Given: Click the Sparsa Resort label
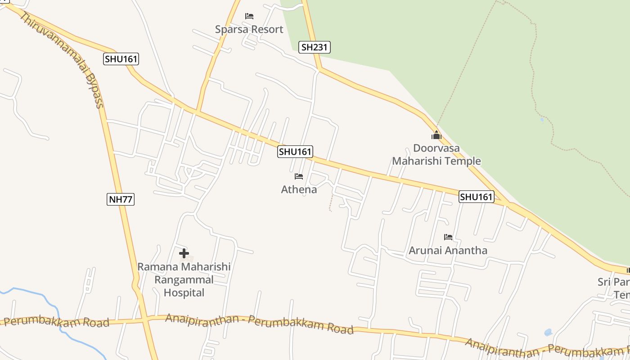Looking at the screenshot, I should pos(249,29).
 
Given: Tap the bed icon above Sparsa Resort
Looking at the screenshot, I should pos(249,16).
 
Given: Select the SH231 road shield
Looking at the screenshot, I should pos(315,47).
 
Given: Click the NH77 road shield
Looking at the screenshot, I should pos(121,199).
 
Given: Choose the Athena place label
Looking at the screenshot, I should pos(299,189).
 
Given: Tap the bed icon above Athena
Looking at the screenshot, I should pos(299,176).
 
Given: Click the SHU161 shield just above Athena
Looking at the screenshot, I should pos(295,152).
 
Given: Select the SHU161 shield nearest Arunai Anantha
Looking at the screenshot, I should pos(477,197).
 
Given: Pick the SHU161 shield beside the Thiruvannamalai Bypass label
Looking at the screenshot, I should pos(121,58).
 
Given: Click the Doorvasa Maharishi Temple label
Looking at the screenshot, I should pos(436,154).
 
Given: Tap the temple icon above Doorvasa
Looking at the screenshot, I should pos(436,135).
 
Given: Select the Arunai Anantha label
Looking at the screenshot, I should pos(448,250).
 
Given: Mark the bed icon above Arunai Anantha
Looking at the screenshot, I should pos(448,237).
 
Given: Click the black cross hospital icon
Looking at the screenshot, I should pos(184,253).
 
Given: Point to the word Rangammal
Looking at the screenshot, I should pos(184,279).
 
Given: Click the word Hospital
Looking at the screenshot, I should pos(184,292).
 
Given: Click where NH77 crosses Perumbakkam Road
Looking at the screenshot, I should pos(144,319).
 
